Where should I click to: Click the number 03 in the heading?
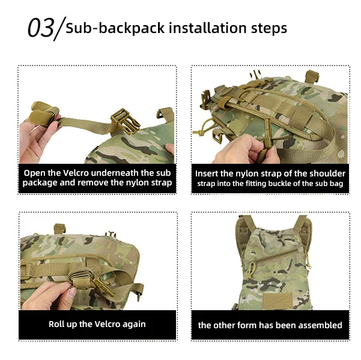pyautogui.click(x=41, y=28)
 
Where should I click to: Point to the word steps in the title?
pyautogui.click(x=269, y=29)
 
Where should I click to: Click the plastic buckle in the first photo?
pyautogui.click(x=125, y=121)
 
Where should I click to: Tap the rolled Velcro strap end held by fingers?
pyautogui.click(x=44, y=113)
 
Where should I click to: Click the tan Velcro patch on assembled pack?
pyautogui.click(x=278, y=301)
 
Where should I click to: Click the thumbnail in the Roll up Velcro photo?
pyautogui.click(x=73, y=293)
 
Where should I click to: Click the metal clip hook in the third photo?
pyautogui.click(x=105, y=287)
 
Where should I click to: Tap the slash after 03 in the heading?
pyautogui.click(x=60, y=29)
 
